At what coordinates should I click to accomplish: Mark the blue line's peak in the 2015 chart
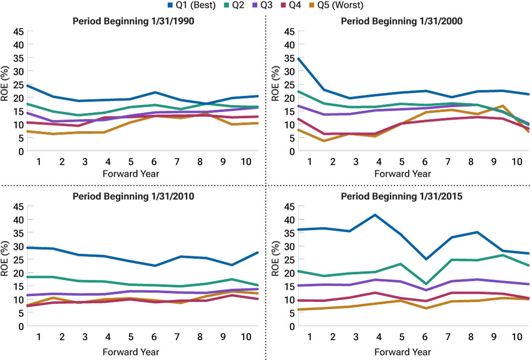(x=375, y=214)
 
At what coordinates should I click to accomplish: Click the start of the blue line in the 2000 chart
(x=298, y=59)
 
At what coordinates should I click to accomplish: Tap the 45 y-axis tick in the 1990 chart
(x=17, y=32)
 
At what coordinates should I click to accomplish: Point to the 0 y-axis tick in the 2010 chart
(x=21, y=326)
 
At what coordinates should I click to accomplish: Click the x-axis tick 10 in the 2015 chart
(x=517, y=336)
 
